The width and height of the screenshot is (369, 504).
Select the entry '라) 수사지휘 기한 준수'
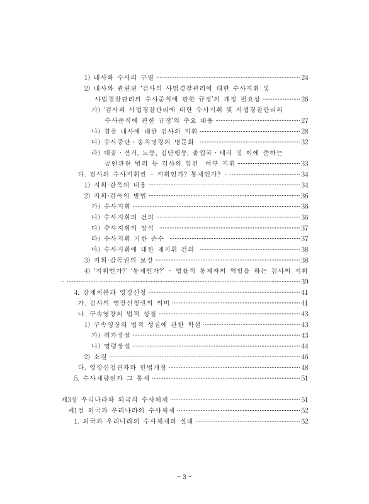pos(128,238)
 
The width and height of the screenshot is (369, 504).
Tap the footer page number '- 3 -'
pos(184,475)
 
